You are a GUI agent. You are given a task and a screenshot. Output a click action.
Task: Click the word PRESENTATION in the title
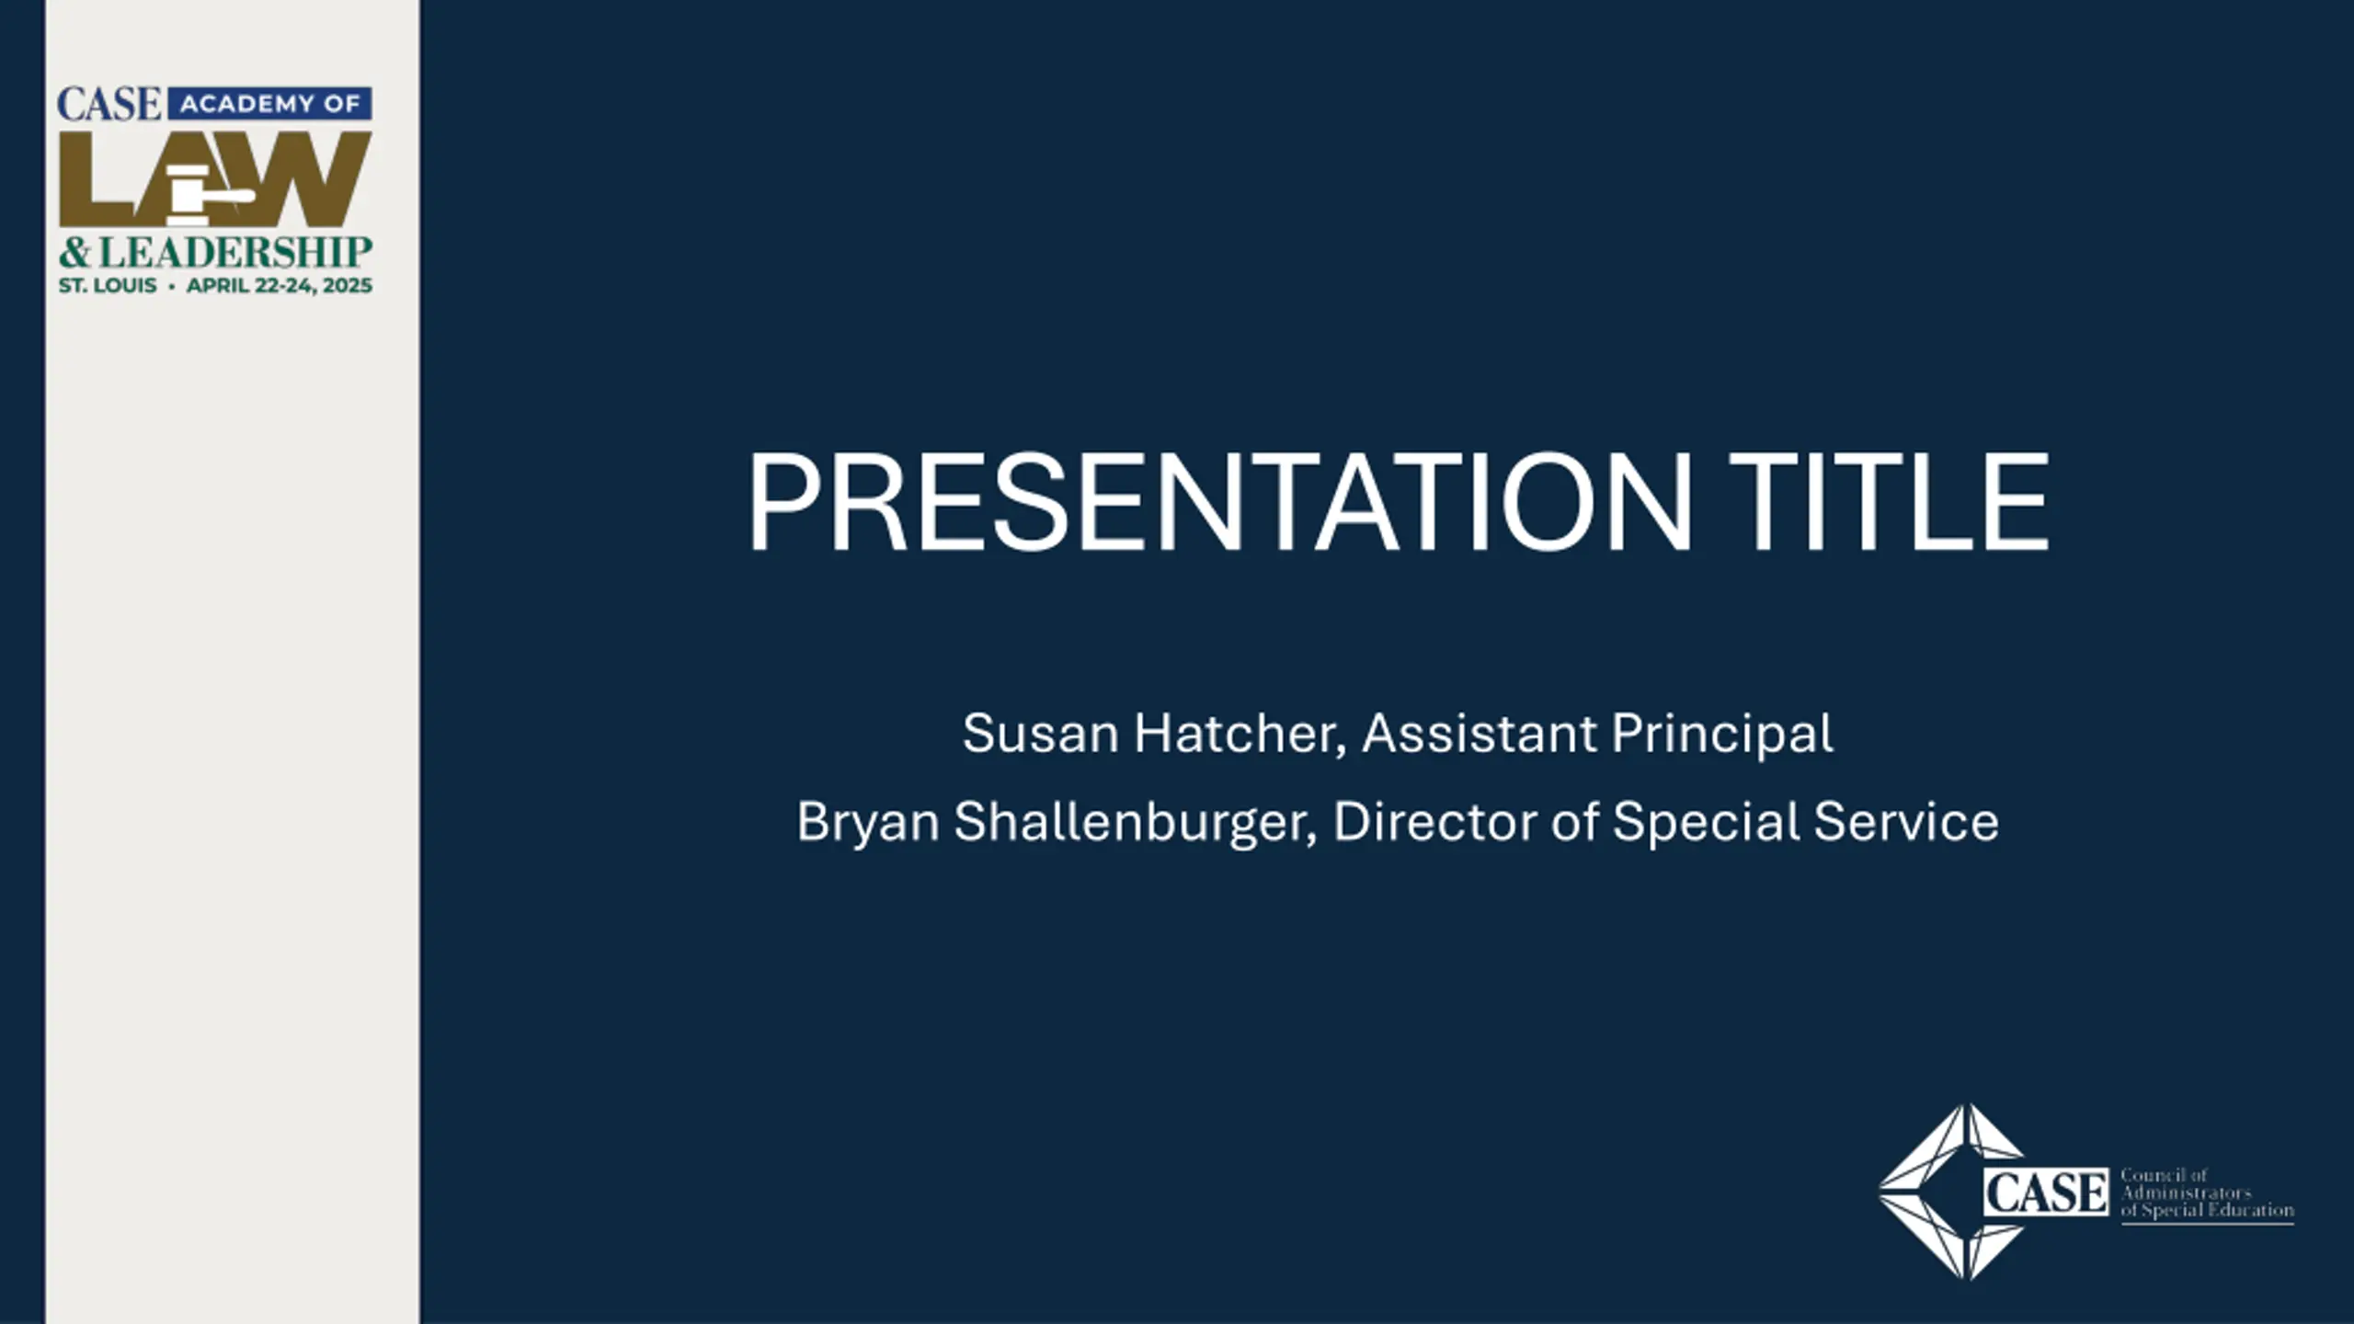(x=1219, y=502)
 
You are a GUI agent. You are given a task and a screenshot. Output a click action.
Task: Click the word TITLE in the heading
(x=1890, y=502)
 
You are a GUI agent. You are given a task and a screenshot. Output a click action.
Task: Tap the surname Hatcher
(x=1240, y=734)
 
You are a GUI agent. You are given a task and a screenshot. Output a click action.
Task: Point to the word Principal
(x=1722, y=734)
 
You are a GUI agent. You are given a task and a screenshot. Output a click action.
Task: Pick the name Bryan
(x=868, y=822)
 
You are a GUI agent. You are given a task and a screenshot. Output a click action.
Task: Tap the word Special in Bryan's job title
(x=1706, y=822)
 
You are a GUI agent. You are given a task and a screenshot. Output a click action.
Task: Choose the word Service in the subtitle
(x=1906, y=821)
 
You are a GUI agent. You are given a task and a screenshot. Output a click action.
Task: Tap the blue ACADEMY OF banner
(x=270, y=104)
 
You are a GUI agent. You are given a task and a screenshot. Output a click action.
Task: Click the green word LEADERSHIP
(x=235, y=253)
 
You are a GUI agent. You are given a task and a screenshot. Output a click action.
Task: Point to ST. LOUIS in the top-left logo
(x=108, y=286)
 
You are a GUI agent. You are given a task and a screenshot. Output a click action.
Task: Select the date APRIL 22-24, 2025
(x=280, y=286)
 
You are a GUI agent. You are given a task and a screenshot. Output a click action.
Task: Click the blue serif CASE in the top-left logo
(x=109, y=104)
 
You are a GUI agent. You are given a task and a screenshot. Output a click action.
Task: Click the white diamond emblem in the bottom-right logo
(x=1951, y=1192)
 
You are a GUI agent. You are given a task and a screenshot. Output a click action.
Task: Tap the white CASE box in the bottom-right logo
(x=2046, y=1193)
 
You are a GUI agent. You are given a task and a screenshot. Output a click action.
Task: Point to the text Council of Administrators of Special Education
(x=2207, y=1193)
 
